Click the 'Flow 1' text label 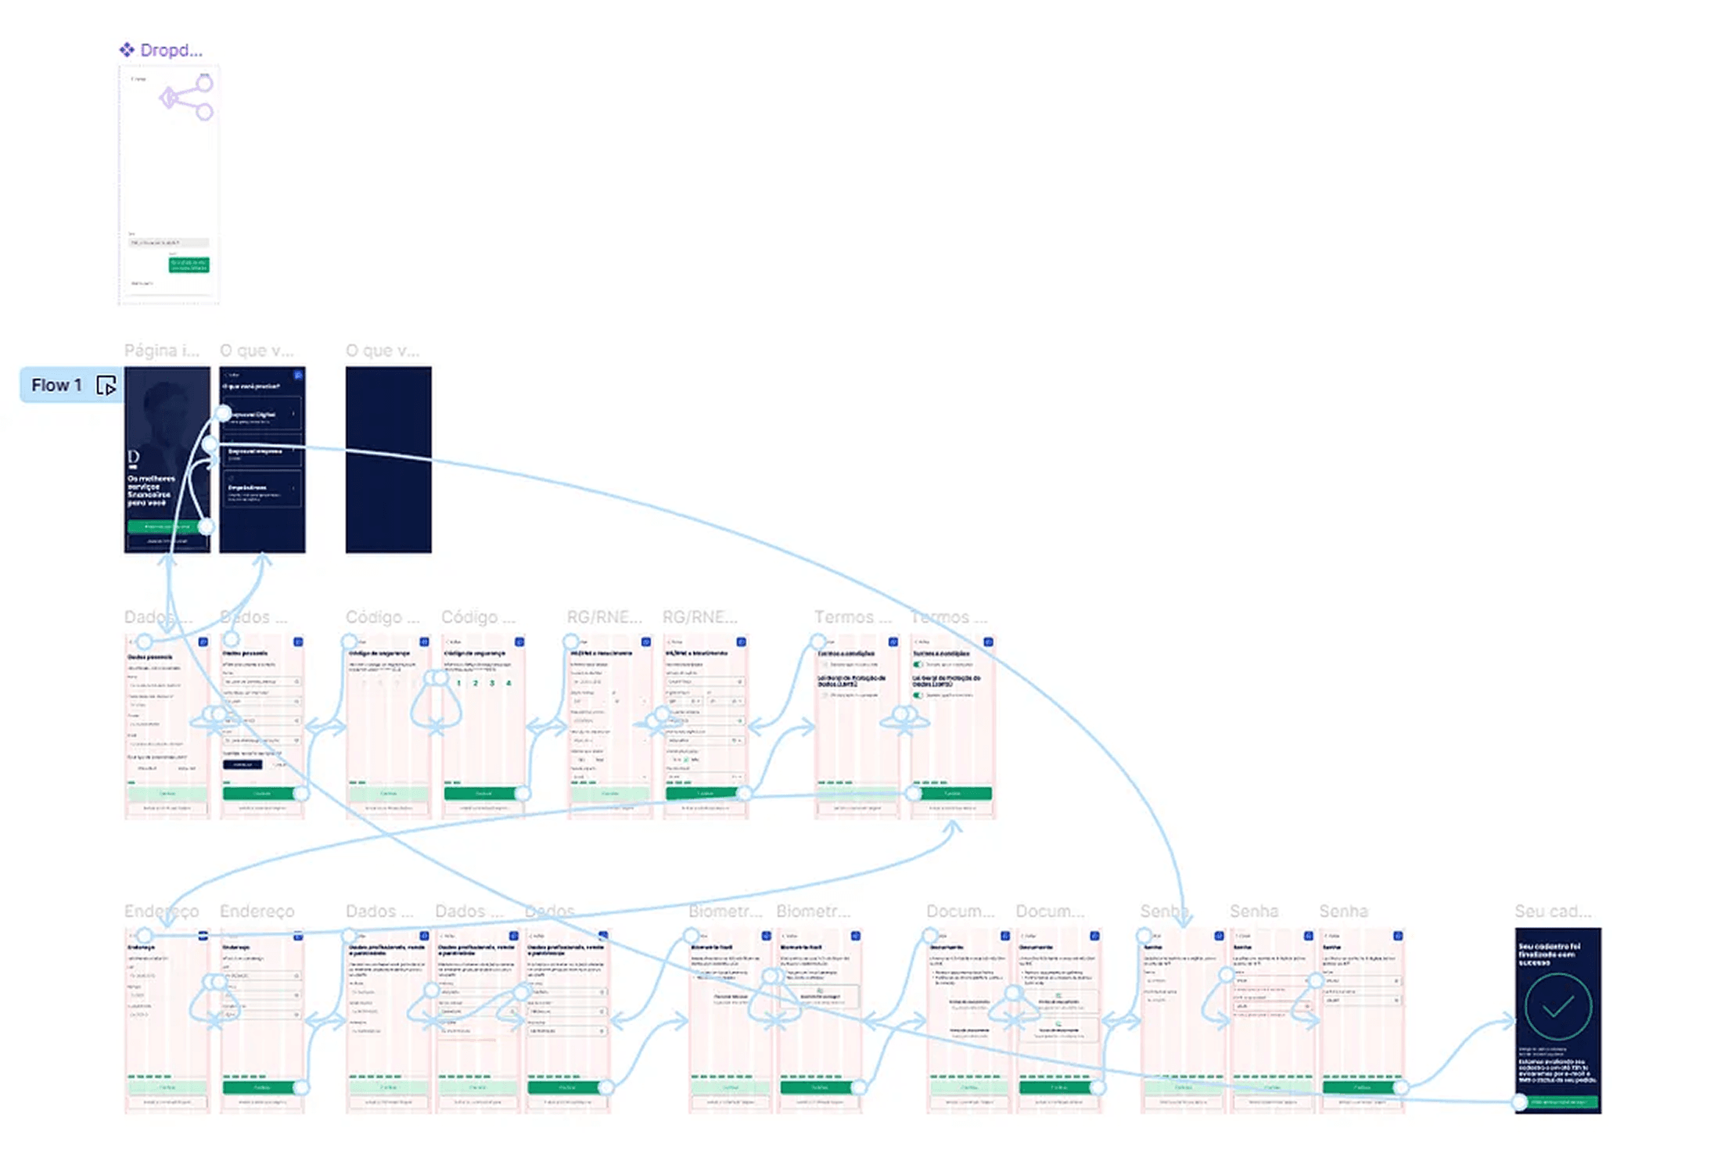pyautogui.click(x=56, y=385)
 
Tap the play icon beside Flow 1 pyautogui.click(x=106, y=386)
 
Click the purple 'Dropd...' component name pyautogui.click(x=171, y=50)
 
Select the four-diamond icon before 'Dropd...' pyautogui.click(x=127, y=50)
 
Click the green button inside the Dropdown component pyautogui.click(x=189, y=264)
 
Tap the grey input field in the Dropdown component pyautogui.click(x=168, y=243)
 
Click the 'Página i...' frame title pyautogui.click(x=161, y=350)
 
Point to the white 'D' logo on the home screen pyautogui.click(x=133, y=457)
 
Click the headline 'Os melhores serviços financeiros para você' pyautogui.click(x=151, y=491)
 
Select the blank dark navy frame pyautogui.click(x=388, y=459)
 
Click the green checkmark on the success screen pyautogui.click(x=1557, y=1006)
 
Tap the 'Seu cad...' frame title pyautogui.click(x=1552, y=911)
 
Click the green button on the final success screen pyautogui.click(x=1558, y=1102)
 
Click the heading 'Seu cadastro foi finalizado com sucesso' pyautogui.click(x=1549, y=954)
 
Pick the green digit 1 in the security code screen pyautogui.click(x=459, y=683)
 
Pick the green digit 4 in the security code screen pyautogui.click(x=508, y=683)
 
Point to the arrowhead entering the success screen pyautogui.click(x=1509, y=1020)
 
